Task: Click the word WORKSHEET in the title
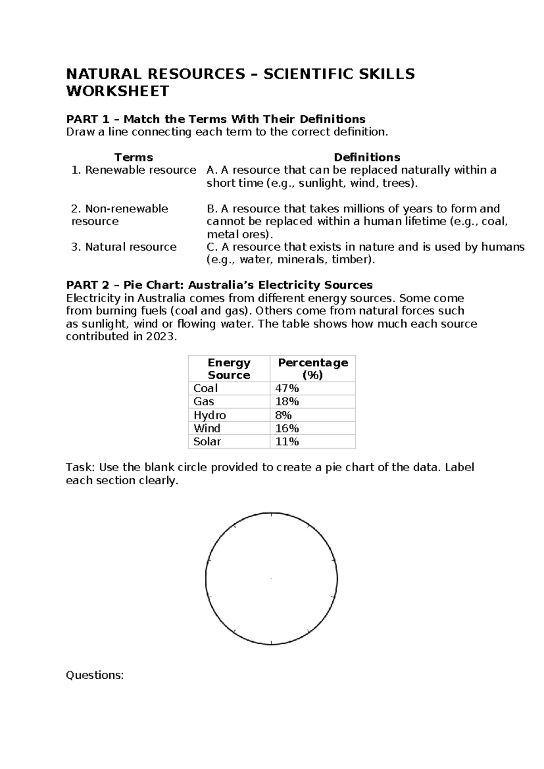click(x=117, y=91)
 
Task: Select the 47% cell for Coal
click(x=287, y=389)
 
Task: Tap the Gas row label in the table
click(x=204, y=402)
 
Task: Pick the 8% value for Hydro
click(x=283, y=415)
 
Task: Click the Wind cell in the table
click(x=207, y=428)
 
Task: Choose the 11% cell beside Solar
click(x=287, y=442)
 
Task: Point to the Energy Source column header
click(x=229, y=369)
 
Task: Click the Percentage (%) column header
click(x=313, y=369)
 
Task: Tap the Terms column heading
click(x=133, y=157)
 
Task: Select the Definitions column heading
click(x=367, y=157)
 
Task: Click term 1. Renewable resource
click(x=134, y=170)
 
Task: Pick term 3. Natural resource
click(x=124, y=247)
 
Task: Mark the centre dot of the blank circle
click(x=271, y=579)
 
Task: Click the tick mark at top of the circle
click(x=271, y=514)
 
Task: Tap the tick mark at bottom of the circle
click(x=271, y=642)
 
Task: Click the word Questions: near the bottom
click(x=95, y=675)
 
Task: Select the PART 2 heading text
click(x=219, y=285)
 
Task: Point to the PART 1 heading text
click(x=215, y=119)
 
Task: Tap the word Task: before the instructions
click(x=80, y=467)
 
